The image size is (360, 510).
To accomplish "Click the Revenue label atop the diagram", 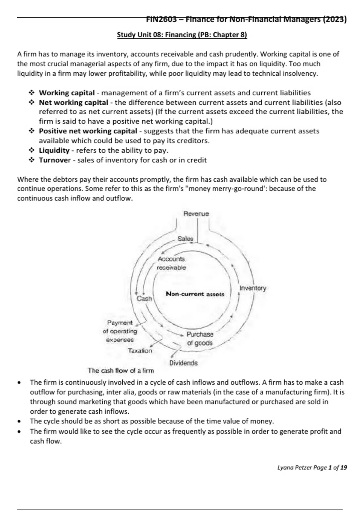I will [196, 214].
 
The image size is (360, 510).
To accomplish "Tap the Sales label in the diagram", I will [185, 239].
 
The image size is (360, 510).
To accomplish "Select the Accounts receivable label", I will [171, 263].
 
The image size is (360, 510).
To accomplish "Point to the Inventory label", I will [253, 288].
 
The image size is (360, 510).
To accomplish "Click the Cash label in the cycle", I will [144, 298].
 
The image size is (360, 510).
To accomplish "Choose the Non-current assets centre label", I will [195, 294].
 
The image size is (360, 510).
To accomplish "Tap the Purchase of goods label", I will [200, 338].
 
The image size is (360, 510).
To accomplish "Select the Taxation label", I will [140, 350].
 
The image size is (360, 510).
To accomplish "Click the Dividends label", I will [183, 363].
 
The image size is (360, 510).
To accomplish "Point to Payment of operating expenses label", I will [120, 331].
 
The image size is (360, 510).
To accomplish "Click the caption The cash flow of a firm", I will [121, 370].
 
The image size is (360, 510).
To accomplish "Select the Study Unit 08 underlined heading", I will [182, 35].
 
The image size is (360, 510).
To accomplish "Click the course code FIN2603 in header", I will [161, 19].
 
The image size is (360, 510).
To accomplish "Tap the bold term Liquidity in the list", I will [54, 150].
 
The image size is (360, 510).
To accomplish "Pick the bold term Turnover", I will [55, 160].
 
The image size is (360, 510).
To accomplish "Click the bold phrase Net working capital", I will [73, 102].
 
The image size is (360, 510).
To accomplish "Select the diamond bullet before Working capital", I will [31, 93].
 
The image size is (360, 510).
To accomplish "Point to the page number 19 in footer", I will [344, 467].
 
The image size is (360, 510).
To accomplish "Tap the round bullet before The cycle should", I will [19, 421].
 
